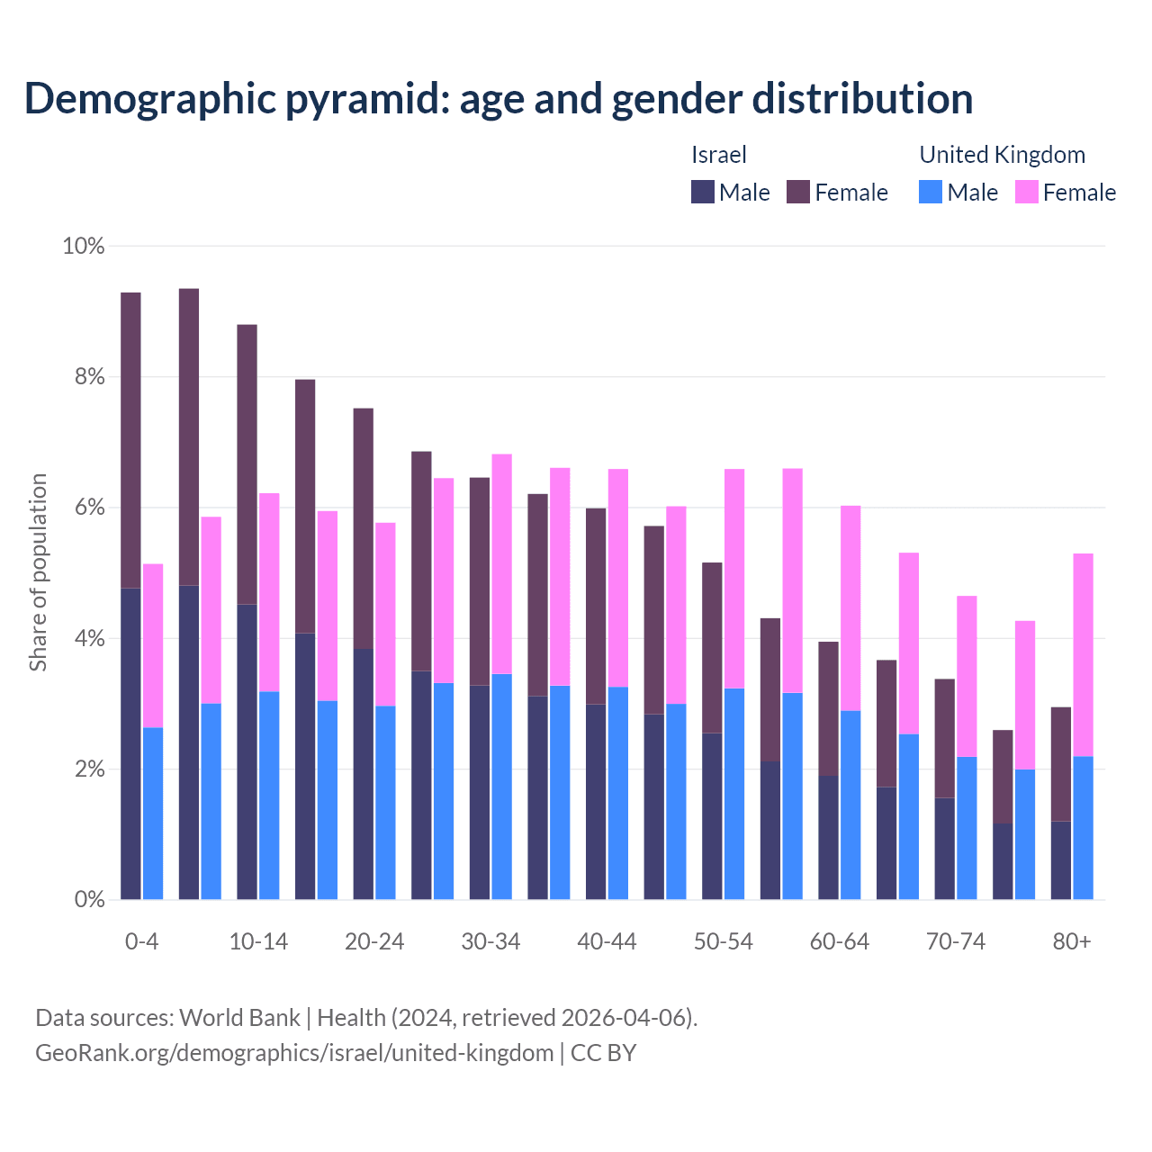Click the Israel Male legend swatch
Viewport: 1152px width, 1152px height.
click(x=703, y=192)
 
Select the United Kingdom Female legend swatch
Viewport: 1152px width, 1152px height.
click(x=1027, y=192)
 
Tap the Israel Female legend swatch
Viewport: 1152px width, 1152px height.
click(x=798, y=192)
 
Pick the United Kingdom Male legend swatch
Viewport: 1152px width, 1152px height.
click(x=931, y=192)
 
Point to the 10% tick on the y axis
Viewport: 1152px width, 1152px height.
click(x=83, y=246)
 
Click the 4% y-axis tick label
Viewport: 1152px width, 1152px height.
click(x=89, y=639)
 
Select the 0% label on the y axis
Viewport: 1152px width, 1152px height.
click(x=89, y=900)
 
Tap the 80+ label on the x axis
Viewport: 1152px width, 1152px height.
click(x=1072, y=941)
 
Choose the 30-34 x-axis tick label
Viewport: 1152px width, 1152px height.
click(x=490, y=941)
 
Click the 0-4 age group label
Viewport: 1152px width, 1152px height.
click(x=142, y=941)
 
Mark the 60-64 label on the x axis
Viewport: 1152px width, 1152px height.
click(x=840, y=941)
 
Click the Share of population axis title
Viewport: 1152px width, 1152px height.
click(x=39, y=572)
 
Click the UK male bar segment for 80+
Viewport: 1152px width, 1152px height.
click(x=1084, y=828)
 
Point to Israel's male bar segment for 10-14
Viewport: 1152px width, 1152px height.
click(x=247, y=751)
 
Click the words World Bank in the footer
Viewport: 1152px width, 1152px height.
click(x=239, y=1018)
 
